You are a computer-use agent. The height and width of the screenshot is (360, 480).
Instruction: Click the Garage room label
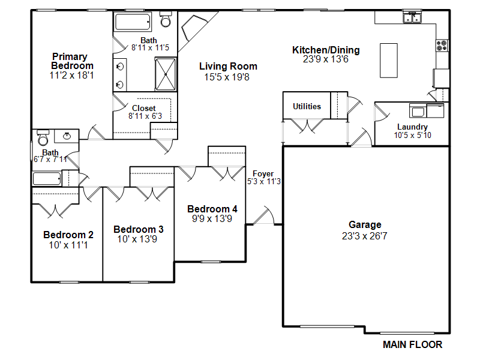pyautogui.click(x=365, y=224)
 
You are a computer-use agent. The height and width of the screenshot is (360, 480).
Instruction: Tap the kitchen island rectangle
pyautogui.click(x=389, y=61)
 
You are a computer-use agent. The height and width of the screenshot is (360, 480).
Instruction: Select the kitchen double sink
pyautogui.click(x=412, y=17)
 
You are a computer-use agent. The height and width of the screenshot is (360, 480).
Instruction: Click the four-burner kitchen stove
pyautogui.click(x=442, y=46)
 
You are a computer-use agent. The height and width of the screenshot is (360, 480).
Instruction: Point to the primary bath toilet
pyautogui.click(x=166, y=19)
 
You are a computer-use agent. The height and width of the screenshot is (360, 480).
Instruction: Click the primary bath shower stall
pyautogui.click(x=166, y=74)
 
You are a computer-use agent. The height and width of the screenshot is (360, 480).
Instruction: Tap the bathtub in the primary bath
pyautogui.click(x=133, y=22)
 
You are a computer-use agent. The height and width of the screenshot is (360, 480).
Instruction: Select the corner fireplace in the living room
pyautogui.click(x=193, y=28)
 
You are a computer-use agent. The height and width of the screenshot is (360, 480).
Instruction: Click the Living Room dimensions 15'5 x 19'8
pyautogui.click(x=227, y=77)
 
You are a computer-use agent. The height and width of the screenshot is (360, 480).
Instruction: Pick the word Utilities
pyautogui.click(x=307, y=106)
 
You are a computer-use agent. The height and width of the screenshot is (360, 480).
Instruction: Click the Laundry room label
pyautogui.click(x=412, y=127)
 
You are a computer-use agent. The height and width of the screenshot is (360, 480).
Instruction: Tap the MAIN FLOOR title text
pyautogui.click(x=412, y=344)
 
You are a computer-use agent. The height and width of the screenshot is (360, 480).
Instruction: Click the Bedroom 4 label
pyautogui.click(x=212, y=209)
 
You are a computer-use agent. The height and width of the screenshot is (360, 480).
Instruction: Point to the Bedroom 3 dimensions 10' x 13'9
pyautogui.click(x=137, y=239)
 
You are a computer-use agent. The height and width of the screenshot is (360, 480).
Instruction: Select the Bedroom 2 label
pyautogui.click(x=68, y=235)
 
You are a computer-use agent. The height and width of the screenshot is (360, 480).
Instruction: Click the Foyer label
pyautogui.click(x=263, y=173)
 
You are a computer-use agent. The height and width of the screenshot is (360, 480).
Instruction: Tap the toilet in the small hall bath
pyautogui.click(x=43, y=137)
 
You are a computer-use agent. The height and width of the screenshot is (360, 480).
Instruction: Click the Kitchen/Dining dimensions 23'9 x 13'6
pyautogui.click(x=326, y=59)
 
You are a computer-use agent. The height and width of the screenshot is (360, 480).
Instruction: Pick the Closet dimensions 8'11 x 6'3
pyautogui.click(x=145, y=116)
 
